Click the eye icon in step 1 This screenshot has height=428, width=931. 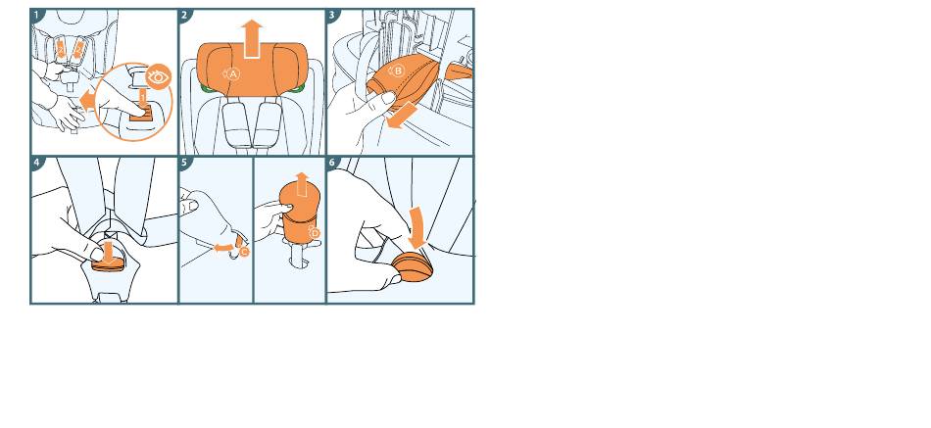pos(159,76)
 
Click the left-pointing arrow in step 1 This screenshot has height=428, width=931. pos(88,100)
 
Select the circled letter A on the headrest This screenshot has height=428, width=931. pos(233,74)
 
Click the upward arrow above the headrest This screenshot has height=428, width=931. pos(252,38)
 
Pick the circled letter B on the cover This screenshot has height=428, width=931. pos(398,71)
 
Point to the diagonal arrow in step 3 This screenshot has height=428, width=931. pos(401,115)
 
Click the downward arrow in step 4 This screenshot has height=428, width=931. pos(109,252)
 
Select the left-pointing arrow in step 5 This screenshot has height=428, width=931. pos(223,247)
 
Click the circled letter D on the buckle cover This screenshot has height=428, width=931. pos(315,233)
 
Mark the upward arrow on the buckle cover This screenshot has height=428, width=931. pos(302,184)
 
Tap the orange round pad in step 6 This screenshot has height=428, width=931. pos(413,267)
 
